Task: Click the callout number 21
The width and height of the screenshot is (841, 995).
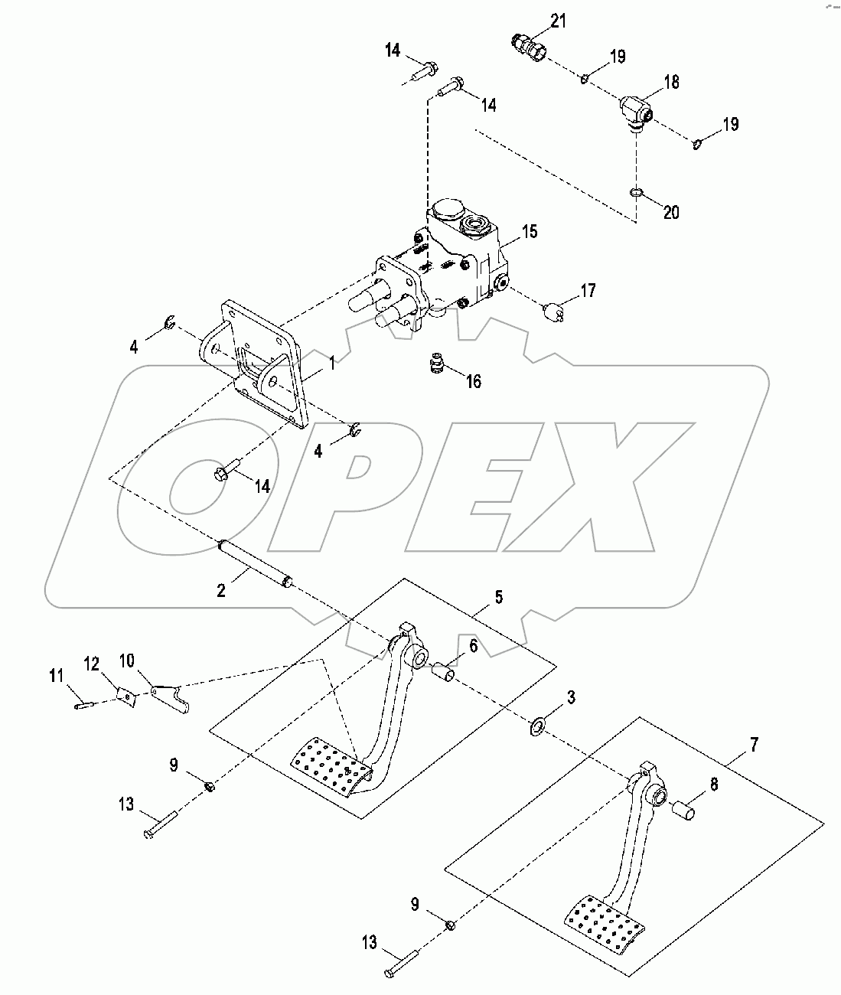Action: [x=559, y=21]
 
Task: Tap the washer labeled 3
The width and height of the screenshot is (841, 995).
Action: [x=537, y=723]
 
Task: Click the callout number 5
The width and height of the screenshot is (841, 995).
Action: [x=499, y=597]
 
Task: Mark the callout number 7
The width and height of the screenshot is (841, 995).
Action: [x=754, y=742]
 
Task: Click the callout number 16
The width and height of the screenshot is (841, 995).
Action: [x=474, y=380]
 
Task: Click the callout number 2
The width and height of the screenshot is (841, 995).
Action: [x=220, y=590]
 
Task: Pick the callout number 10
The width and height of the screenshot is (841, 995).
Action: [x=127, y=660]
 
